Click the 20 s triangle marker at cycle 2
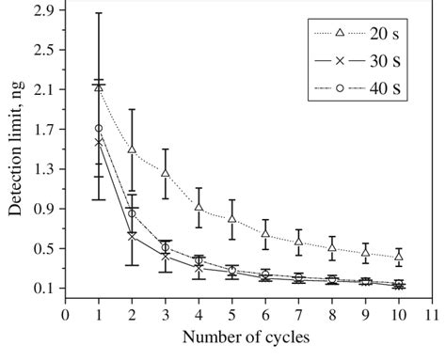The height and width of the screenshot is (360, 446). point(132,149)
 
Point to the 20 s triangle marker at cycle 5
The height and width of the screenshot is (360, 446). point(231,218)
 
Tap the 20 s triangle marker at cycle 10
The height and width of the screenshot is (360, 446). point(399,256)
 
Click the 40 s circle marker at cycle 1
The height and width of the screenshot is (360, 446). point(99,128)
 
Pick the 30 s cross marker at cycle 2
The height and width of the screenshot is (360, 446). point(132,236)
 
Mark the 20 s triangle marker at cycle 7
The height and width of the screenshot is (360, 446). point(298,241)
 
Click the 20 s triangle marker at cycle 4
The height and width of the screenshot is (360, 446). point(199,208)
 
